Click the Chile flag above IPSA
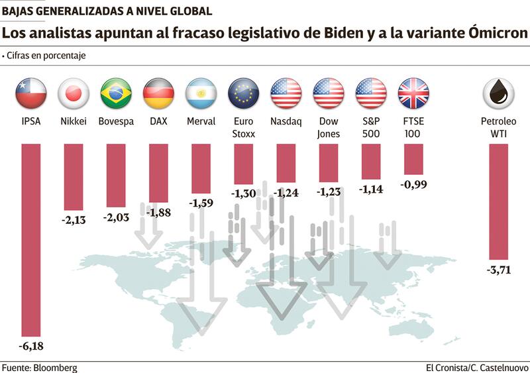[x=30, y=93]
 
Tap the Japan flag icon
[x=74, y=93]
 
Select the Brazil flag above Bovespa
[x=116, y=93]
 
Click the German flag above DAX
[x=158, y=93]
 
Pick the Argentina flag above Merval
[x=201, y=93]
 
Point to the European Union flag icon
[x=244, y=93]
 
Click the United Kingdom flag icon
[x=414, y=93]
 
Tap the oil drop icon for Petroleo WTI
[x=499, y=93]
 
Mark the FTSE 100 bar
[x=413, y=159]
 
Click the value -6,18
[x=30, y=346]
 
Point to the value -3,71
[x=498, y=270]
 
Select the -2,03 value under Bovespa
[x=116, y=217]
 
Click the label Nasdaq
[x=286, y=122]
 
